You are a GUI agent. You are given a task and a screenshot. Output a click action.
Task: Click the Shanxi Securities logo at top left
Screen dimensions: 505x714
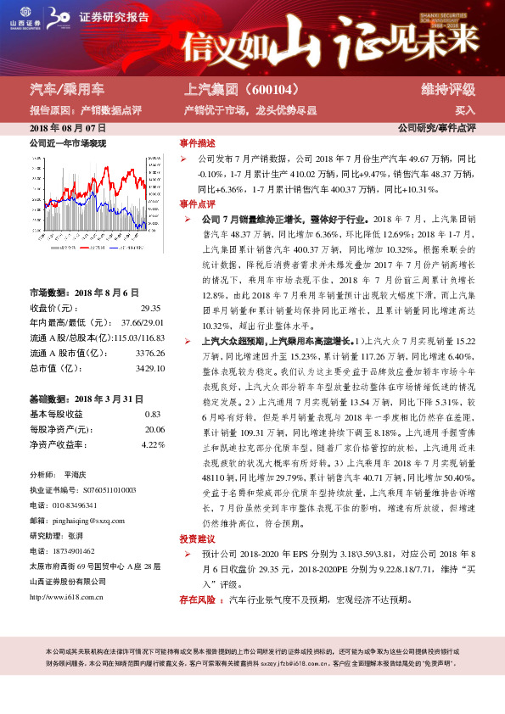point(26,16)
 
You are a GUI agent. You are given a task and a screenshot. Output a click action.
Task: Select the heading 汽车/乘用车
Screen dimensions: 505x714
point(67,88)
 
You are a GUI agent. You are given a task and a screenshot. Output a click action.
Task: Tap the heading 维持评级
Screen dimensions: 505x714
point(447,89)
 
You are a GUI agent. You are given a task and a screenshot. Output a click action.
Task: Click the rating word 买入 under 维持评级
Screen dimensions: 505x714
point(465,110)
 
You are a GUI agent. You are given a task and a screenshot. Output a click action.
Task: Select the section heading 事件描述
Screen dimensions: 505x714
point(197,143)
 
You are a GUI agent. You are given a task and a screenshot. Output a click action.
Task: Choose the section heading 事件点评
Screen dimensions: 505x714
point(197,204)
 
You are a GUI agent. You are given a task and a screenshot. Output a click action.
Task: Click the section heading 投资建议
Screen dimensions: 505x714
point(197,538)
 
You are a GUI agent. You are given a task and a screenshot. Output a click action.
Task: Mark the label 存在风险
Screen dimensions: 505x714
point(197,600)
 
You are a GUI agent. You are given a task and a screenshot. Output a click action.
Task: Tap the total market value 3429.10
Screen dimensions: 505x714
point(149,368)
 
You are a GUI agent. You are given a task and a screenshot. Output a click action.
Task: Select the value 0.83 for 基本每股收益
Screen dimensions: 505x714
point(153,414)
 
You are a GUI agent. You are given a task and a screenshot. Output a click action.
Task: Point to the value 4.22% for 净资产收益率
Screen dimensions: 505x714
point(152,444)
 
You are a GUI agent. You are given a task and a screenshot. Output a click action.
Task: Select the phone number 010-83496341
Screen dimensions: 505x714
point(81,503)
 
